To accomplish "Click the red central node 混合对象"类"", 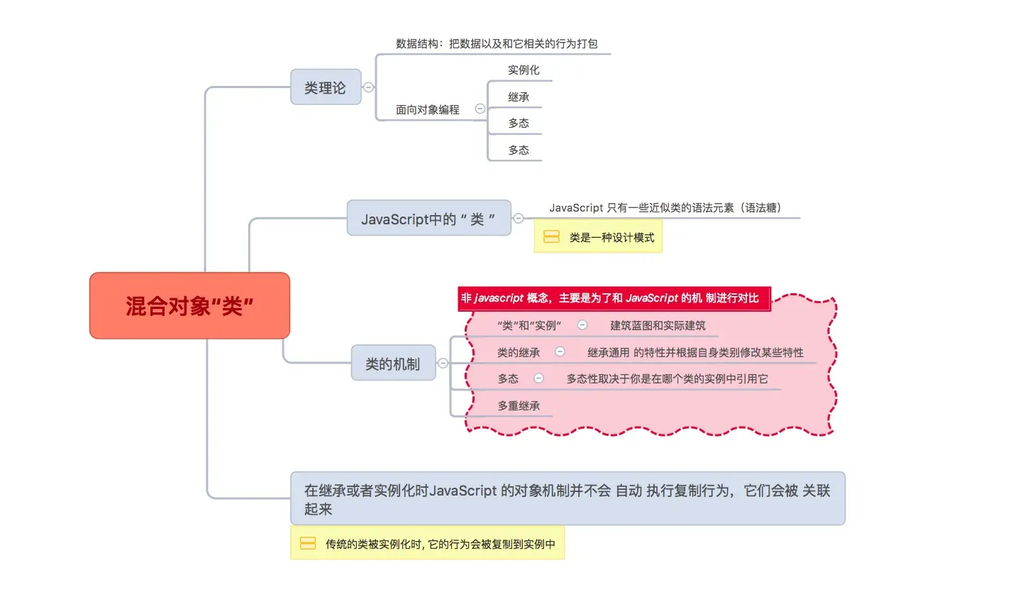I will coord(189,305).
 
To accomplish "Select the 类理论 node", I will coord(326,87).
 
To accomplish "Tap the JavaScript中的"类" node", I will coord(428,219).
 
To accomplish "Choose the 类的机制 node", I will coord(393,364).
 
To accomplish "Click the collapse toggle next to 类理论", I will coord(368,87).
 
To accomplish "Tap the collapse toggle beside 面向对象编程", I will coord(480,109).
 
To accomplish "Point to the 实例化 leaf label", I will coord(524,70).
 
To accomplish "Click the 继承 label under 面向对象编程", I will coord(519,97).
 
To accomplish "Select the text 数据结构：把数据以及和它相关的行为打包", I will coord(497,43).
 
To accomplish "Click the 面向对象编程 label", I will coord(428,109).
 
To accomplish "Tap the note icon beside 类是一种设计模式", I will coord(551,237).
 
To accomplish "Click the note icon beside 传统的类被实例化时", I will coord(308,544).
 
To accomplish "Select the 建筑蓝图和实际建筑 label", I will coord(658,325).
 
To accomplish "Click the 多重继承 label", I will coord(519,405).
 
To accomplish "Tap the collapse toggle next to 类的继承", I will coord(560,351).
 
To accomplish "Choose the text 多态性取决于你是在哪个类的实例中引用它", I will coord(667,378).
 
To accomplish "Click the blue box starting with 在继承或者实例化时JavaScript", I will coord(568,498).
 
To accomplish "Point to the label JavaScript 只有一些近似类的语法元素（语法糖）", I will coord(665,207).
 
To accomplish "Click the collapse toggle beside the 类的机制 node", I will coord(443,363).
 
